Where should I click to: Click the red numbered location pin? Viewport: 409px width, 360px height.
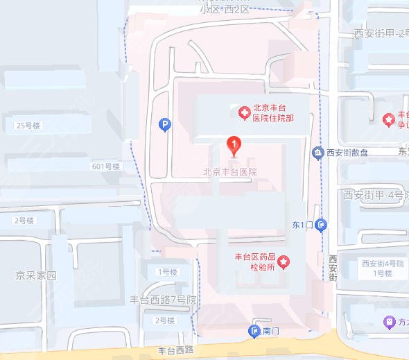pos(235,146)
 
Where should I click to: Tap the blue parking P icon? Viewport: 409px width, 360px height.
pos(165,125)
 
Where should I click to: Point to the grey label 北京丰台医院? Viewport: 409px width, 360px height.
pos(230,171)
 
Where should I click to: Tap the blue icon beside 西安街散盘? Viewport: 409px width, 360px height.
pos(317,153)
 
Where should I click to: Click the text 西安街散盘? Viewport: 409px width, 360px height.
pos(347,153)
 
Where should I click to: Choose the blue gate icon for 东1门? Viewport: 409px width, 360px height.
pos(321,225)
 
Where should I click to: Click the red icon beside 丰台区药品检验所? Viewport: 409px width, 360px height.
pos(284,262)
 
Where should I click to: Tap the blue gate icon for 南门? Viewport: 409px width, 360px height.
pos(254,332)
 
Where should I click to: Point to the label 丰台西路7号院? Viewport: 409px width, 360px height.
pos(164,300)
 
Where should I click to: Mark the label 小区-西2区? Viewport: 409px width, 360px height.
pos(223,9)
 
